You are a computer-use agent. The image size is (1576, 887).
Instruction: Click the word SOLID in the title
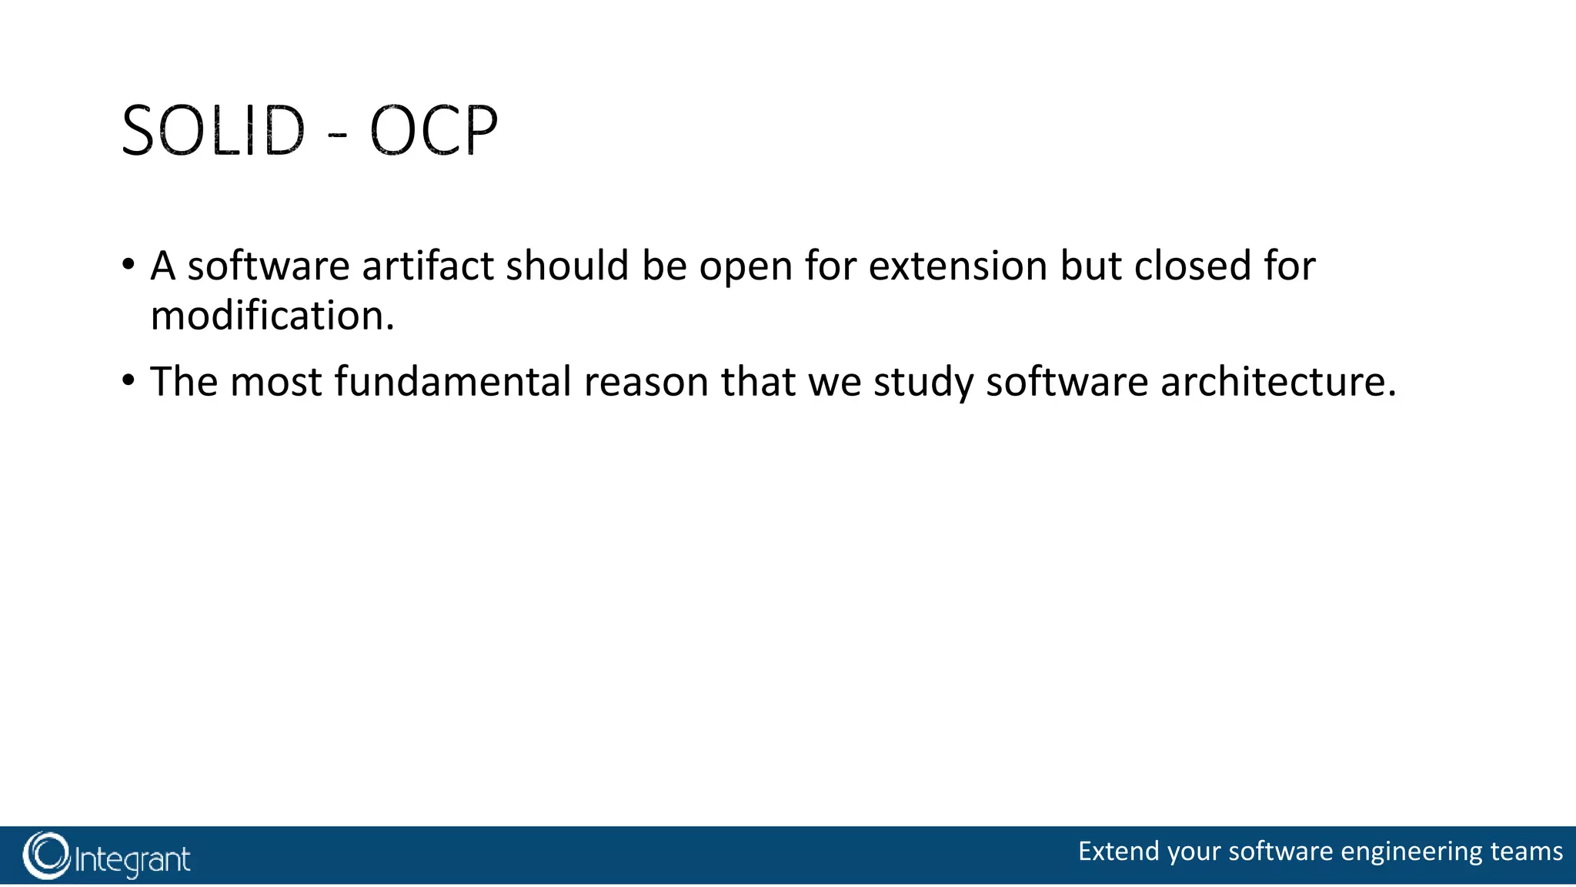click(213, 132)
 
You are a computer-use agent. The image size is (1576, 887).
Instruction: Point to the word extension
click(958, 266)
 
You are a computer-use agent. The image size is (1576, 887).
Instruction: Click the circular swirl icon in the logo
click(46, 855)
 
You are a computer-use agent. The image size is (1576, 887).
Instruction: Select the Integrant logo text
click(132, 859)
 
